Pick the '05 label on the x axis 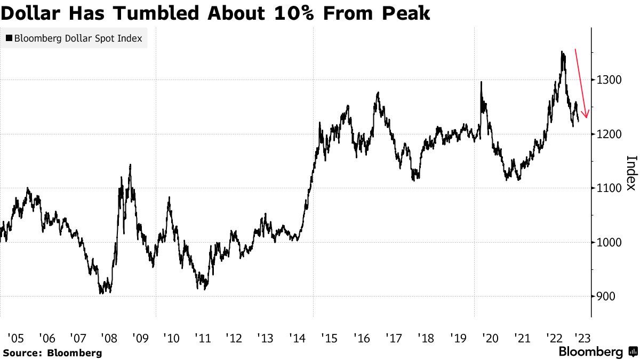pos(16,338)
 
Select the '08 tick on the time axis pos(110,338)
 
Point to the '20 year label pos(489,338)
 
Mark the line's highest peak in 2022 pos(562,52)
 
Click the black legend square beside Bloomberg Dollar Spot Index pos(9,38)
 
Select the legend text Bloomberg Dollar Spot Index pos(78,38)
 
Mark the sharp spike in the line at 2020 pos(481,82)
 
